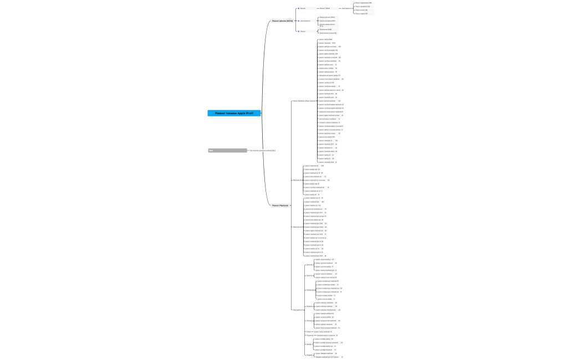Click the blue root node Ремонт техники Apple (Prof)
pyautogui.click(x=234, y=113)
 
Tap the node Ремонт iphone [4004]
pyautogui.click(x=282, y=20)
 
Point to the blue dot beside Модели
pyautogui.click(x=298, y=9)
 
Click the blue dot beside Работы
pyautogui.click(x=298, y=31)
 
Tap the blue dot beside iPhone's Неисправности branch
pyautogui.click(x=298, y=20)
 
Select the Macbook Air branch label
pyautogui.click(x=297, y=180)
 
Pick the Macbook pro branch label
pyautogui.click(x=297, y=227)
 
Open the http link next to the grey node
pyautogui.click(x=262, y=150)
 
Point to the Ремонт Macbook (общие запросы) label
pyautogui.click(x=304, y=101)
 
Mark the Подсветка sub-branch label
pyautogui.click(x=309, y=335)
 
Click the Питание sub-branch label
pyautogui.click(x=309, y=321)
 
